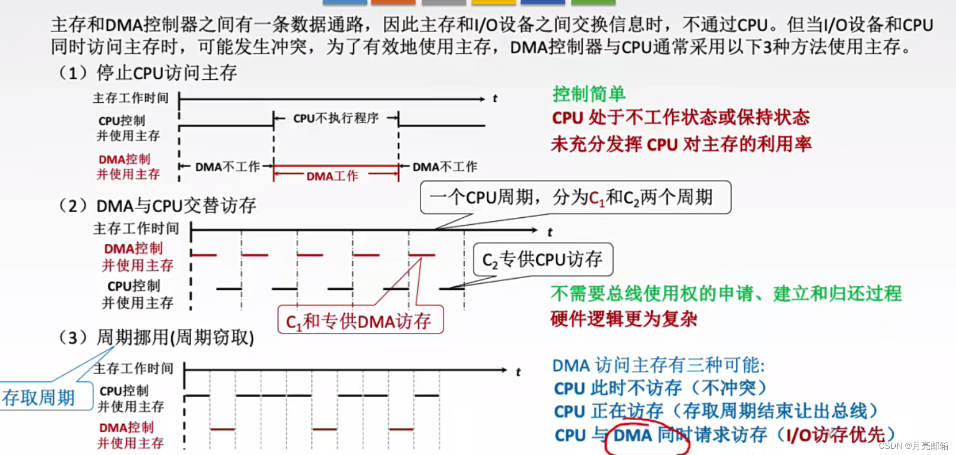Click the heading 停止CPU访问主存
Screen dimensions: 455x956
click(x=167, y=73)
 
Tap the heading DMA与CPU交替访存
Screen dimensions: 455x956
click(x=176, y=206)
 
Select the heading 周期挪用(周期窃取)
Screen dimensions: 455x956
click(x=175, y=337)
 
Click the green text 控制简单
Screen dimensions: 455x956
click(x=589, y=94)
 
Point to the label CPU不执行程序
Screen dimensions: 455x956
click(x=336, y=118)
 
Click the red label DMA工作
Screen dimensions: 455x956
click(x=332, y=176)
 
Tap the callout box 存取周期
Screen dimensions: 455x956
click(x=39, y=397)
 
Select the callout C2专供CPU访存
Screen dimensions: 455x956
click(x=542, y=259)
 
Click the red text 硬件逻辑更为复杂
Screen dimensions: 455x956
click(x=624, y=319)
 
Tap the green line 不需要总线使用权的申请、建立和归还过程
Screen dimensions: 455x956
click(x=726, y=293)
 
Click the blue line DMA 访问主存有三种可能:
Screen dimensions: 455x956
click(x=658, y=365)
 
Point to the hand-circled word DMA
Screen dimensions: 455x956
click(x=633, y=435)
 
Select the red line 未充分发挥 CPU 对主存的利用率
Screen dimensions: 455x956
click(x=681, y=145)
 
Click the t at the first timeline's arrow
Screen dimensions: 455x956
click(x=495, y=99)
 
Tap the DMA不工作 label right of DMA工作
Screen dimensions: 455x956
click(x=445, y=167)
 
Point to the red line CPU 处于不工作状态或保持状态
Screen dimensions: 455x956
click(x=681, y=118)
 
